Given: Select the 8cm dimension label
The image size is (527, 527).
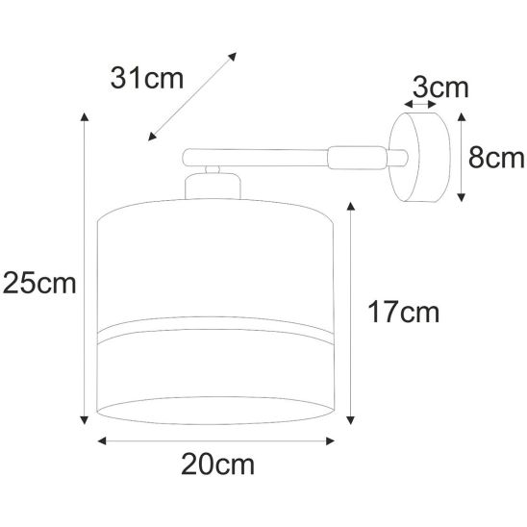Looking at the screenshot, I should click(496, 158).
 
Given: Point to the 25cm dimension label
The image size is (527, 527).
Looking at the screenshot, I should click(38, 283).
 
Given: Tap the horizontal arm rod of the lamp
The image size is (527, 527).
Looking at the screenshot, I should click(260, 154).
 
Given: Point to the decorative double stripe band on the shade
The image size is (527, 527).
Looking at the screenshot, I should click(217, 335).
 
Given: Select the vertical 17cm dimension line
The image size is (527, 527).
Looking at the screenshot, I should click(349, 313).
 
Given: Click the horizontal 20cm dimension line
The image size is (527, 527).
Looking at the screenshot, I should click(217, 443).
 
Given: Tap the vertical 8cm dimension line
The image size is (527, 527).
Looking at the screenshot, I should click(464, 156).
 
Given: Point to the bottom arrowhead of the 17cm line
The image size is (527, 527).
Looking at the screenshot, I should click(349, 420).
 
